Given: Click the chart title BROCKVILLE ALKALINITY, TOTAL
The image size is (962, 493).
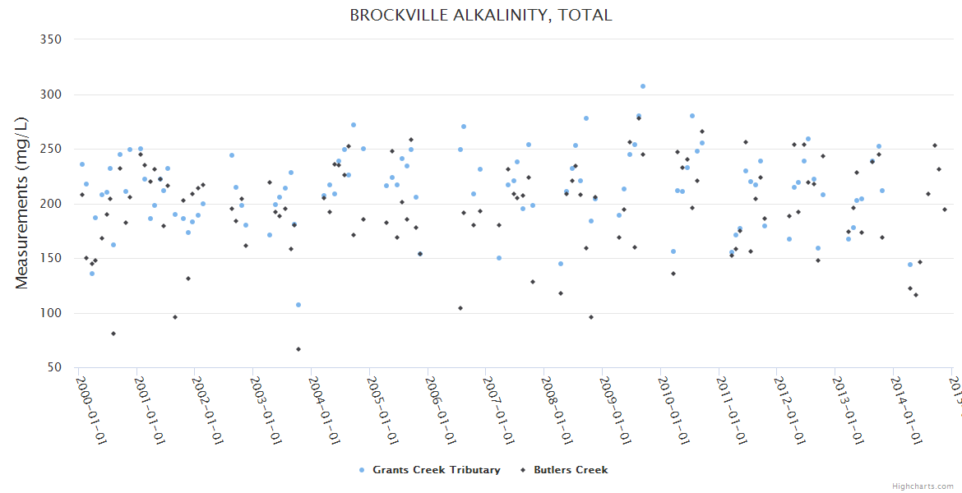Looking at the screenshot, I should tap(481, 15).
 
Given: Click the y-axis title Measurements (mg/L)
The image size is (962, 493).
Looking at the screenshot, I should tap(22, 203).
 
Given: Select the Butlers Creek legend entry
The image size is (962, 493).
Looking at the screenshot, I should tap(565, 470).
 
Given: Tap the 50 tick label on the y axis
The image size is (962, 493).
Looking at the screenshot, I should tap(57, 368).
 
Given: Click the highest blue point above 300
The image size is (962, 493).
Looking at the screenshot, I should tap(643, 86).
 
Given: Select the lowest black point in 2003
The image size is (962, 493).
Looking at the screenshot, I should tap(298, 349).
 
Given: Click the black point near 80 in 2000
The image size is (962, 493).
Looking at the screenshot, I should tap(113, 334).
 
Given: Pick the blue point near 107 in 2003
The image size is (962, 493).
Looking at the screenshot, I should tap(298, 305).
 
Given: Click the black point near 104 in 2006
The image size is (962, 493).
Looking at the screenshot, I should tap(460, 308).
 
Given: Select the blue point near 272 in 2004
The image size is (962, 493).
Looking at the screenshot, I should tap(354, 125).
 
